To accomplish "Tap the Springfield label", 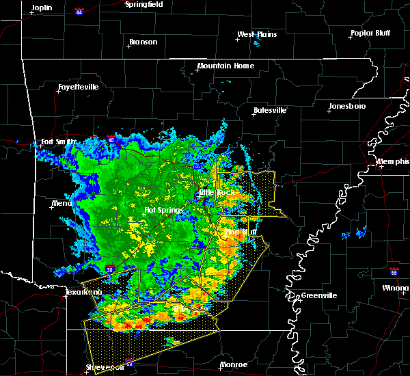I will (x=143, y=4).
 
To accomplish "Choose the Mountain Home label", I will (x=225, y=66).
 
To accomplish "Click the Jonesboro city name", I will (x=346, y=107).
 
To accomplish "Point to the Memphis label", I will (x=393, y=161).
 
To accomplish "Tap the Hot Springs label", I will (x=161, y=211).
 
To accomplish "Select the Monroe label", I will (x=233, y=365).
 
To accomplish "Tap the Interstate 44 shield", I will (x=79, y=12).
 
